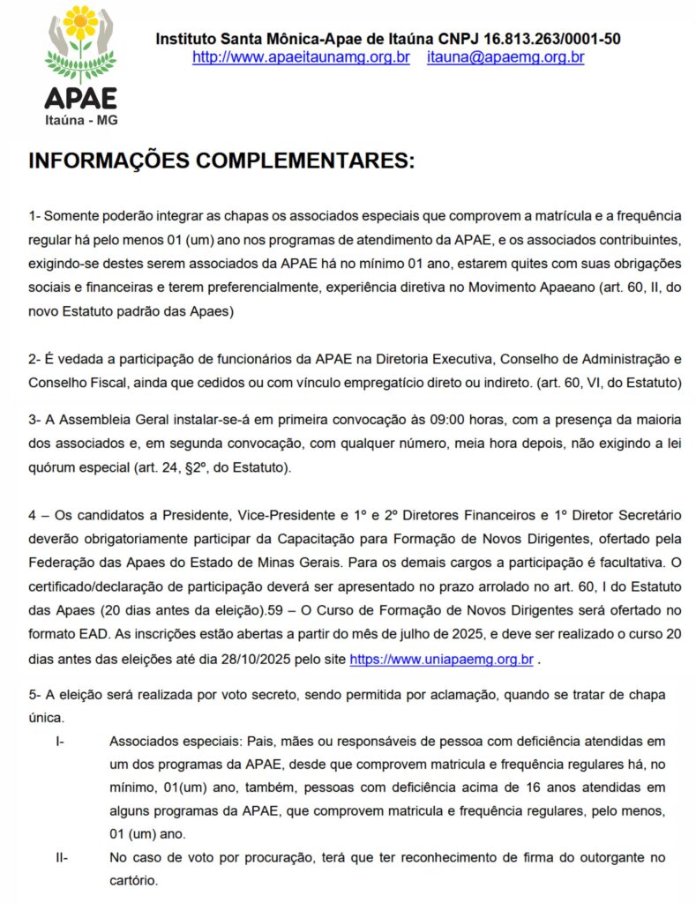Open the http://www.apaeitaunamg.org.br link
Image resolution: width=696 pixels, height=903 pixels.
301,57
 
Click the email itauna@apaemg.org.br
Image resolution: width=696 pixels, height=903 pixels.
505,57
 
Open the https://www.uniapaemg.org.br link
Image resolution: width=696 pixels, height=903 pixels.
441,659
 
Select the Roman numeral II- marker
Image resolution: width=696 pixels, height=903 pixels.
61,856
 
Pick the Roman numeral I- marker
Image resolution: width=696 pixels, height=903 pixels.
59,742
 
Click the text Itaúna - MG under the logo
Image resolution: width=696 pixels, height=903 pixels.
80,120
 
